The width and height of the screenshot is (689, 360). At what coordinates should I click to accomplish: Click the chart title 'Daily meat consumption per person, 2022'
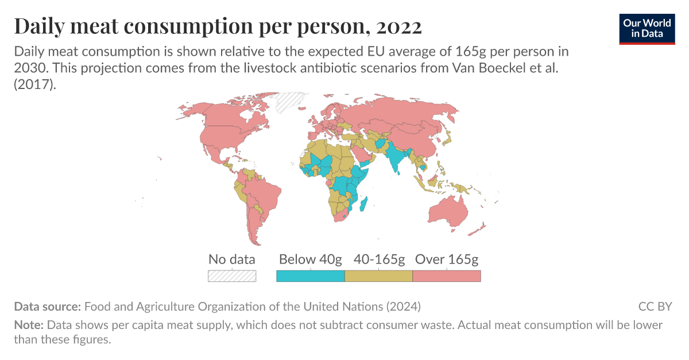coord(218,26)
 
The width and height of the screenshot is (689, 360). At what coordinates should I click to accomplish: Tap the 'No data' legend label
coord(231,259)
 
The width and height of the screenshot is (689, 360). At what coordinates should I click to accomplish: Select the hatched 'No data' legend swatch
coord(231,276)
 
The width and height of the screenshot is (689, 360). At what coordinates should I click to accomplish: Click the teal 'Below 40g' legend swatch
coord(310,276)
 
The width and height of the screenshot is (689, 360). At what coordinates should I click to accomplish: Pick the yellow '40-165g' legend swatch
coord(378,276)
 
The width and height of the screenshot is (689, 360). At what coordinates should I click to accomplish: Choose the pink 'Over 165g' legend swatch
coord(447,276)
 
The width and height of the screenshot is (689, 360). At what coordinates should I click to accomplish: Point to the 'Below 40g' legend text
coord(310,259)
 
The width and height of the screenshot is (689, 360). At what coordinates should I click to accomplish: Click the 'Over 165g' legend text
coord(447,259)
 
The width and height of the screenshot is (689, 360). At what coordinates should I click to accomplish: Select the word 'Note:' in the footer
coord(29,325)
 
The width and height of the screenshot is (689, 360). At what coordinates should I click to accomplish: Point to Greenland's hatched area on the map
coord(290,102)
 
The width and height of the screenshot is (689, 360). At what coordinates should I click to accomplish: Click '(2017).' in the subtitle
coord(35,83)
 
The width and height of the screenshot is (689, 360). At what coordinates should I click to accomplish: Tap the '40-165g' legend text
coord(378,259)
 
